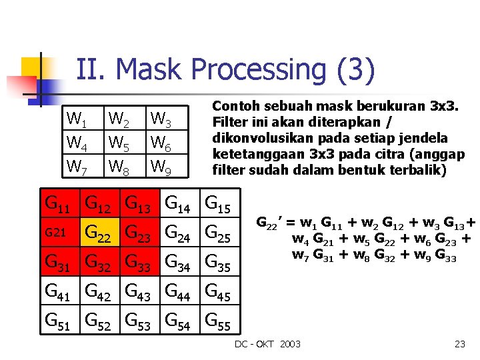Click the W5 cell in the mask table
coord(119,143)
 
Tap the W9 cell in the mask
coord(161,165)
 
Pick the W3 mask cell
coord(161,121)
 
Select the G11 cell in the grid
coord(59,203)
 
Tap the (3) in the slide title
coord(357,70)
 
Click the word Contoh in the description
coord(235,106)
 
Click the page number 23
coord(459,344)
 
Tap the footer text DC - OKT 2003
coord(267,344)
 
